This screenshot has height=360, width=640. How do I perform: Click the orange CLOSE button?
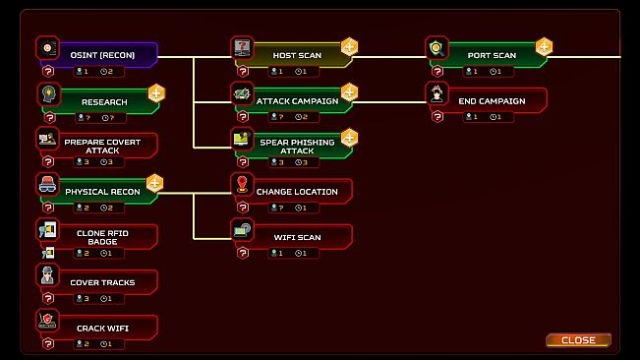coord(578,340)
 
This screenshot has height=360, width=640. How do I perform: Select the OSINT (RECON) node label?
coord(102,55)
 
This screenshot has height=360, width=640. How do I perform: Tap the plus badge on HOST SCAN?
coord(349,46)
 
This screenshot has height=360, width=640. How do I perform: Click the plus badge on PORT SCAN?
coord(544,46)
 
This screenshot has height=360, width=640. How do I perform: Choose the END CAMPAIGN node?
coord(492,100)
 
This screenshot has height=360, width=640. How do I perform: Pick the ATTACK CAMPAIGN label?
coord(297,100)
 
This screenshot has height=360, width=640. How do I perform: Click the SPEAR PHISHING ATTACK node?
coord(297,146)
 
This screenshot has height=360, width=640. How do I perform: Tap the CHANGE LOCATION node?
coord(297,191)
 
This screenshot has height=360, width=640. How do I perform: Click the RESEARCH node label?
coord(104,101)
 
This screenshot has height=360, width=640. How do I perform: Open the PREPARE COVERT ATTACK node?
coord(102,146)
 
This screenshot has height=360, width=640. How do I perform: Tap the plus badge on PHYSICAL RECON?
coord(154,182)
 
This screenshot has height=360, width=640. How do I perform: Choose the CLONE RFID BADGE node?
coord(104,236)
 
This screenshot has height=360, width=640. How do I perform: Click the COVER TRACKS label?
coord(102,282)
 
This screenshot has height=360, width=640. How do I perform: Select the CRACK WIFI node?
coord(102,328)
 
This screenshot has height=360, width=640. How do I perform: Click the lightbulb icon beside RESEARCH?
coord(46,92)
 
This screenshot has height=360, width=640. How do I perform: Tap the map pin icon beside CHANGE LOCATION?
coord(242,183)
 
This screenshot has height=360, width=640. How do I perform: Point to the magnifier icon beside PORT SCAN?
coord(436,47)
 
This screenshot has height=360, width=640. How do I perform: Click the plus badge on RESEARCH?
coord(155,93)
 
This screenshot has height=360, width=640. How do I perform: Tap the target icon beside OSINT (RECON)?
coord(46,47)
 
